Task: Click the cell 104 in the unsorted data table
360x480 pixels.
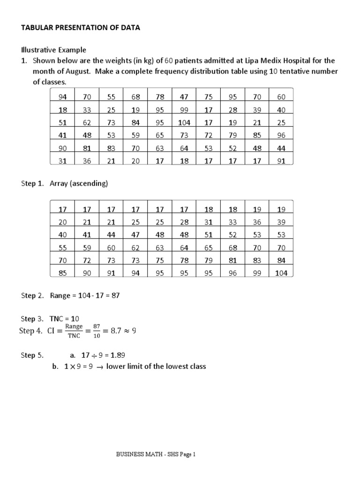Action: [x=184, y=122]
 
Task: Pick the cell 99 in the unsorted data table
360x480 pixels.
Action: [x=184, y=110]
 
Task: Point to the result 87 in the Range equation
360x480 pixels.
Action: [x=116, y=296]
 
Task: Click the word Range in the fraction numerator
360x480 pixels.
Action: [x=74, y=326]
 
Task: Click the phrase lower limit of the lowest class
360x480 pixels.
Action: [x=156, y=366]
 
